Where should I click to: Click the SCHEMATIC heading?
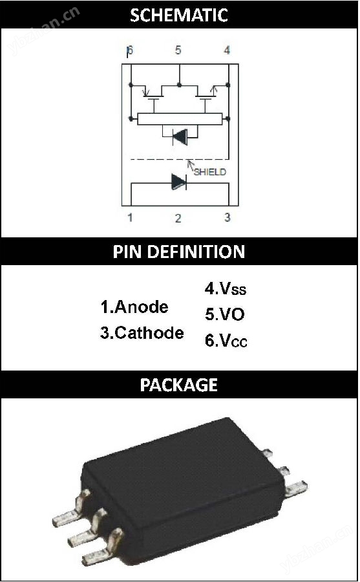click(x=179, y=16)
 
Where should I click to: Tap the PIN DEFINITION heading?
click(x=179, y=252)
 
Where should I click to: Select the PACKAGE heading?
click(x=179, y=385)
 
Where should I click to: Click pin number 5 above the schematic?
click(x=178, y=50)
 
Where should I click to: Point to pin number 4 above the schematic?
click(x=227, y=50)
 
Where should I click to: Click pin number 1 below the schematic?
click(x=130, y=217)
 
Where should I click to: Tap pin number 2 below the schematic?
click(x=178, y=219)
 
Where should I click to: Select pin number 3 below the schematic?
click(x=228, y=217)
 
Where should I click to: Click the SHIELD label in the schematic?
click(x=209, y=172)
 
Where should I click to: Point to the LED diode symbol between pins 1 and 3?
click(x=179, y=182)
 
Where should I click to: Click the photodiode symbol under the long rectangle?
click(x=180, y=137)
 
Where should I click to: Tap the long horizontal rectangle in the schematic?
click(x=180, y=119)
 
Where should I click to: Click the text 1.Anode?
click(x=134, y=307)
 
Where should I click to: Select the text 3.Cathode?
click(x=142, y=332)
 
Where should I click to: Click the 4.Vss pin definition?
click(x=226, y=288)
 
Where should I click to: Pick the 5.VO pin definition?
click(x=224, y=314)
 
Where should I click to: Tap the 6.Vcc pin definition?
click(x=226, y=340)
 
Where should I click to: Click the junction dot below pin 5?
click(x=179, y=85)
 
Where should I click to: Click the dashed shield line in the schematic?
click(x=179, y=160)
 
